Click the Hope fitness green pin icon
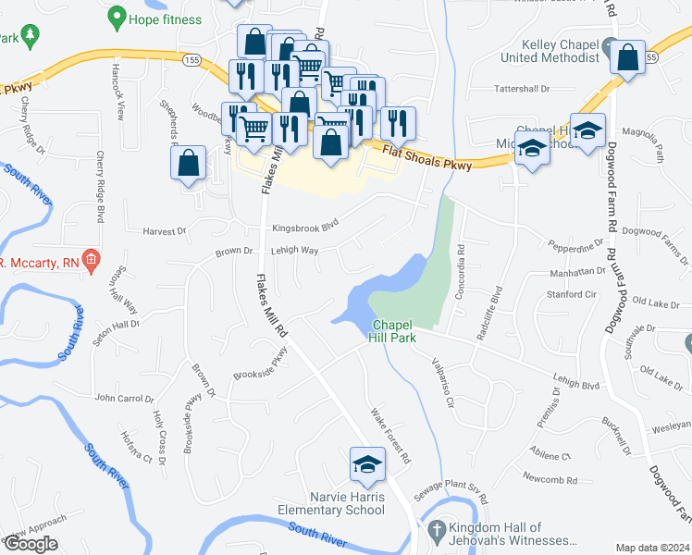click(117, 17)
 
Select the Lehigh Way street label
click(294, 250)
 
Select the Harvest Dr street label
click(165, 231)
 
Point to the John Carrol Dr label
click(124, 399)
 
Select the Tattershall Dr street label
click(521, 89)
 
